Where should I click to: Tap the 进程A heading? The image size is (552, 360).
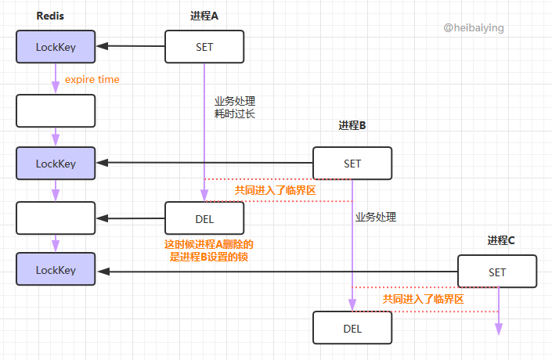click(204, 16)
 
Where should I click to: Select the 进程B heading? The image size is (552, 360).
click(352, 125)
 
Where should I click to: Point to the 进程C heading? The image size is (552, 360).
click(501, 240)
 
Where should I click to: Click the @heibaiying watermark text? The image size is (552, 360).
click(474, 27)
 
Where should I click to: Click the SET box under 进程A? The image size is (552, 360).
click(204, 47)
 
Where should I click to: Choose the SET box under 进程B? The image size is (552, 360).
click(352, 164)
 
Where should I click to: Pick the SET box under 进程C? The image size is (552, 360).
click(497, 272)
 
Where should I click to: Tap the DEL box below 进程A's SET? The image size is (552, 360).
click(204, 218)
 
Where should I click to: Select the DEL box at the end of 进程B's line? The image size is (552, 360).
click(352, 328)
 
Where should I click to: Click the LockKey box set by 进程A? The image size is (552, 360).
click(56, 47)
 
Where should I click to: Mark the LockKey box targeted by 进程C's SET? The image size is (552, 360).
click(56, 270)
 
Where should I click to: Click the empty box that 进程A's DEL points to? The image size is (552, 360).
click(56, 218)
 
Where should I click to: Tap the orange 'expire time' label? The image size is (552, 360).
click(92, 80)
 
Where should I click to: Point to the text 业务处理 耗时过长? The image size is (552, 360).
click(235, 107)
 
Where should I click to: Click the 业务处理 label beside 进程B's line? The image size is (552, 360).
click(376, 217)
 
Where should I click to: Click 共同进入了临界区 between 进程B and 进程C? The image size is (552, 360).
click(423, 299)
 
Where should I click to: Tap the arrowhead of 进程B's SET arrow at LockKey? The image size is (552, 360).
click(101, 163)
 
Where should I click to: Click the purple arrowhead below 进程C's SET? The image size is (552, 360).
click(498, 330)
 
